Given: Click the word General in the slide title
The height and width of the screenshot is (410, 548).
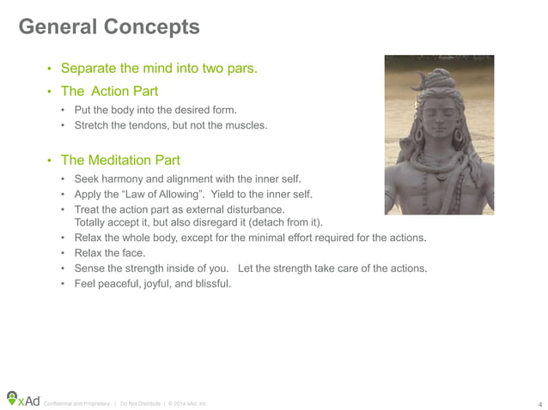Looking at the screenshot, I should pyautogui.click(x=58, y=27).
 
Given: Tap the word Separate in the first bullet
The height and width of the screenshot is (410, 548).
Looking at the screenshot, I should pyautogui.click(x=90, y=69).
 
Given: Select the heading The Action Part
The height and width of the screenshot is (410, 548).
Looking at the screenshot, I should pyautogui.click(x=109, y=90).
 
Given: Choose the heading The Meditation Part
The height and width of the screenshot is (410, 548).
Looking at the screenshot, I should pyautogui.click(x=121, y=160).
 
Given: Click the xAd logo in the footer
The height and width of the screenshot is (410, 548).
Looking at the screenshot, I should pyautogui.click(x=23, y=399).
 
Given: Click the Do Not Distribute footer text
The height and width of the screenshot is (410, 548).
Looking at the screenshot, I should pyautogui.click(x=143, y=403).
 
